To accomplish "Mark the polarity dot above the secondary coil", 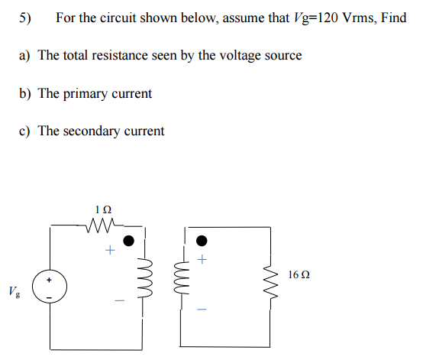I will pos(202,241).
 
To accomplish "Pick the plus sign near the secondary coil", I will pos(202,261).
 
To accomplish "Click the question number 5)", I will pos(27,18).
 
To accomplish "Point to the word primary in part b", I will pos(86,93).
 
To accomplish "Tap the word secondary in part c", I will pos(92,131).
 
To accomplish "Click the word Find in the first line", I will pos(393,18).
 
